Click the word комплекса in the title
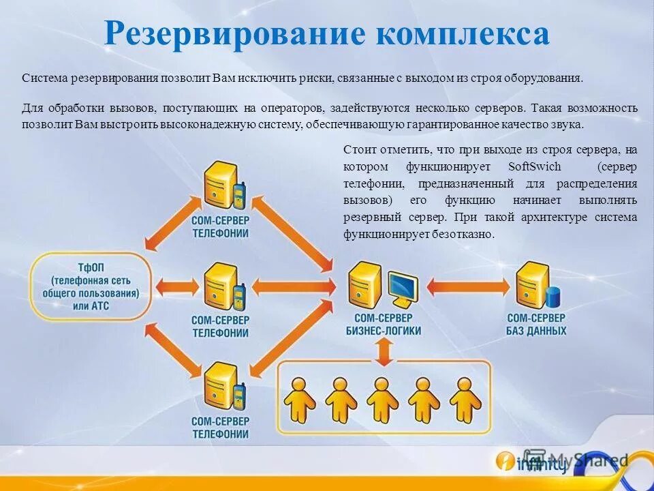click(x=464, y=34)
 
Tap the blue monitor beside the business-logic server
click(x=403, y=289)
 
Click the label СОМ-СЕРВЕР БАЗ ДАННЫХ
click(x=536, y=325)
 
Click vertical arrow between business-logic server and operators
click(x=385, y=353)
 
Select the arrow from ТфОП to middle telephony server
click(x=176, y=284)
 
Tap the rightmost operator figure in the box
click(x=464, y=400)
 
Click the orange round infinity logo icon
click(x=505, y=462)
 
